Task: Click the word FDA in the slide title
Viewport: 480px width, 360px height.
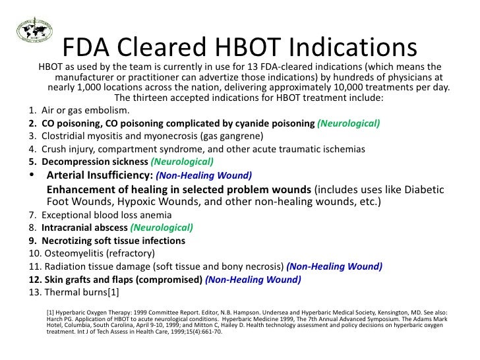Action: [87, 47]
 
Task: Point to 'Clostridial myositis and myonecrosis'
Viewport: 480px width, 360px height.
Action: [119, 136]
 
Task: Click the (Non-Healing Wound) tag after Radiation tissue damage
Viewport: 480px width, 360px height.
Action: [334, 266]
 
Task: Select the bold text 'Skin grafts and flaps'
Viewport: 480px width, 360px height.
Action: [92, 280]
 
